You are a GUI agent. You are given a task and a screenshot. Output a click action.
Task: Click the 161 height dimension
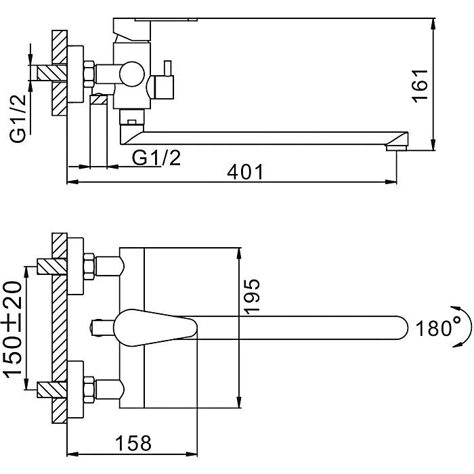click(x=421, y=85)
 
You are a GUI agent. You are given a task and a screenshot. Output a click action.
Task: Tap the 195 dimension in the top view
click(x=252, y=295)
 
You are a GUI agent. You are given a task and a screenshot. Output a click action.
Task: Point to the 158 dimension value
click(x=131, y=443)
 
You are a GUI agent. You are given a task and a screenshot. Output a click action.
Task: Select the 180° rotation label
click(x=433, y=329)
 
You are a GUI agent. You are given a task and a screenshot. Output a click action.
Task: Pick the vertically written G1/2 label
click(x=18, y=118)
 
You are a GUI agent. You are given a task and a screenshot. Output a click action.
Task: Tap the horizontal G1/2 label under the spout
click(x=156, y=157)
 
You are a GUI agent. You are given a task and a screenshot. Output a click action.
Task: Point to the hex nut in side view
click(x=88, y=72)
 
